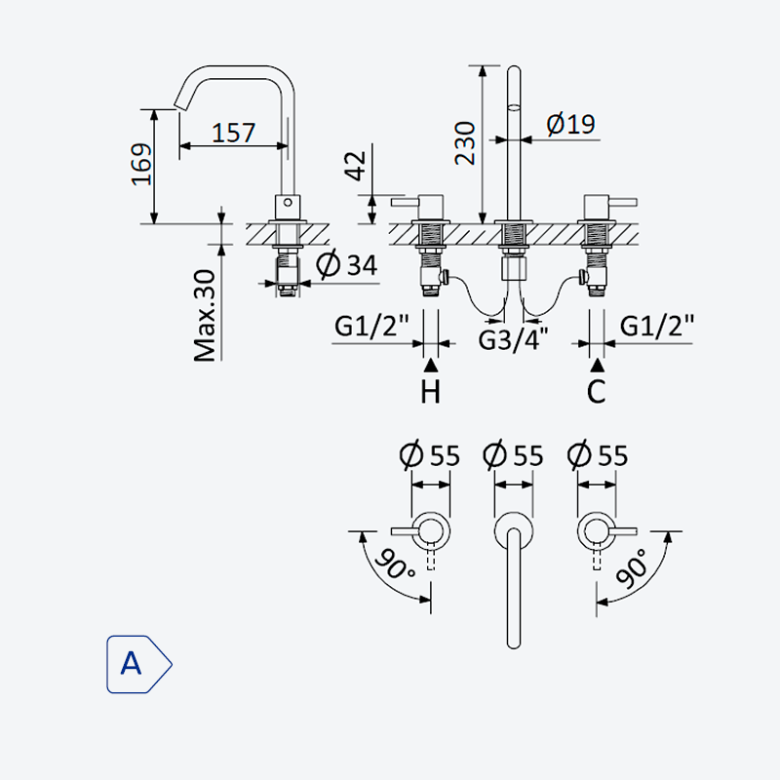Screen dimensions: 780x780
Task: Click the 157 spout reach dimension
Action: coord(233,133)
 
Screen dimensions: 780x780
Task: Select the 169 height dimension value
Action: coord(141,165)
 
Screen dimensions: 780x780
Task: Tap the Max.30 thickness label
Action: coord(205,316)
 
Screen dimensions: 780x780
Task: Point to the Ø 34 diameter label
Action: coord(347,264)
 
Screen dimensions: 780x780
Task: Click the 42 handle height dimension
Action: coord(355,165)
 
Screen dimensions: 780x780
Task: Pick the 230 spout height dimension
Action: coord(465,143)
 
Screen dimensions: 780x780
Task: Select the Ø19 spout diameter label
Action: coord(570,124)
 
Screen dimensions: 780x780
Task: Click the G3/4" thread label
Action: coord(513,339)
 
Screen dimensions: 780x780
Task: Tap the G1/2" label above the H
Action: coord(371,326)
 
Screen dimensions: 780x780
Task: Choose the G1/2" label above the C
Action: coord(656,326)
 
